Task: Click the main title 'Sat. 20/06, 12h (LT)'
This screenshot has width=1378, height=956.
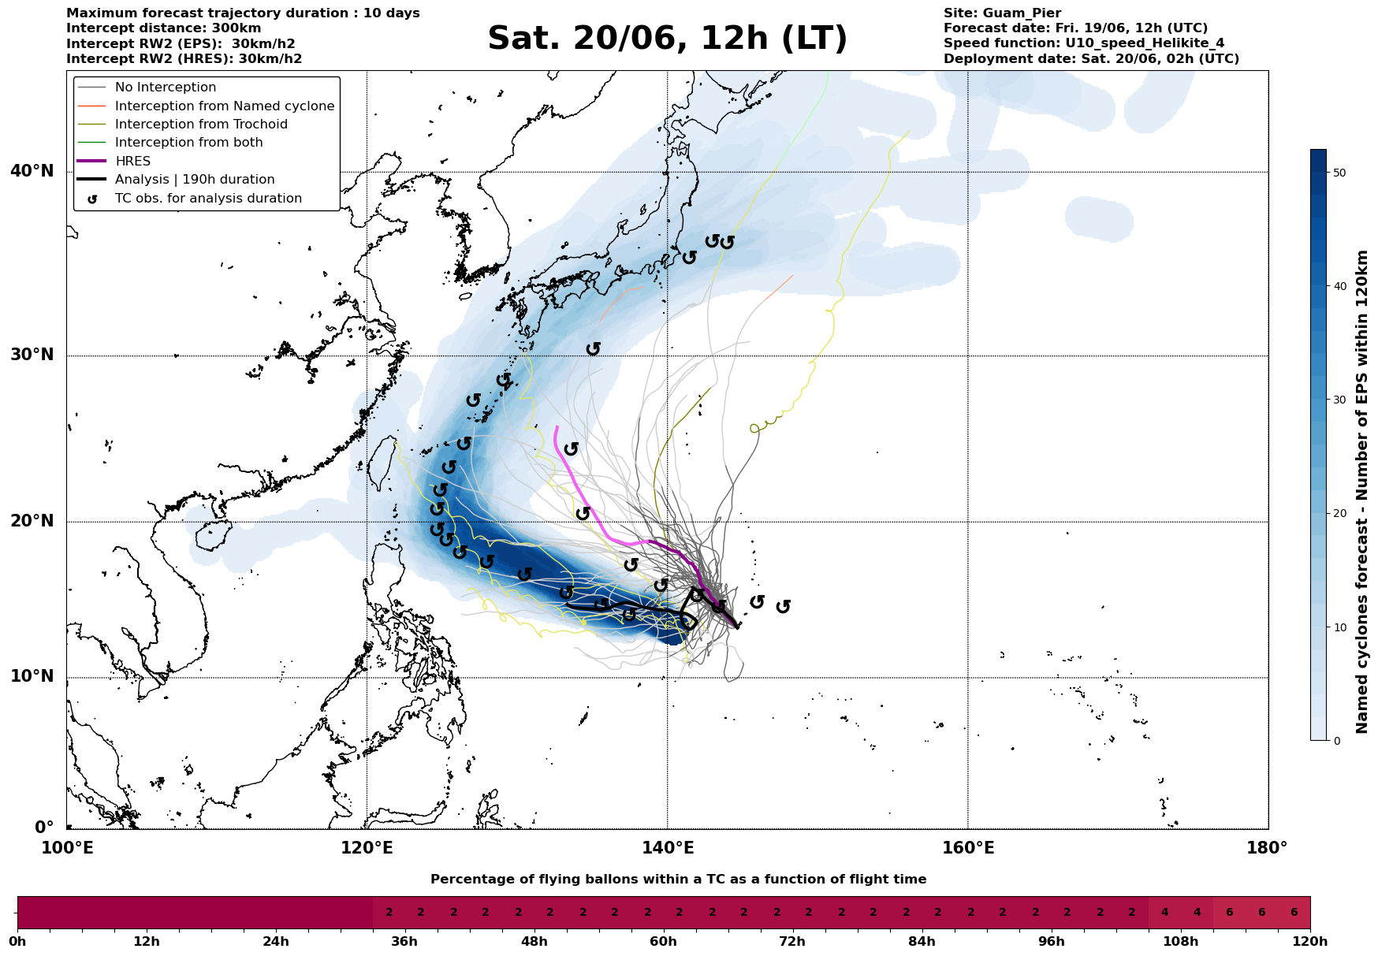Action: coord(667,39)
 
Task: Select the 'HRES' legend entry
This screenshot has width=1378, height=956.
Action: coord(132,161)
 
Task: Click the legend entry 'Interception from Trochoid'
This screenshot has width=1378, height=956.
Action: coord(201,124)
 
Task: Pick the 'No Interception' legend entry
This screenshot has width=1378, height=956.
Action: coord(166,87)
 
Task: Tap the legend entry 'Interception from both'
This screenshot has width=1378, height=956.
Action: coord(188,143)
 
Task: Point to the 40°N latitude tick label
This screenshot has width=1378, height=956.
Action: coord(32,171)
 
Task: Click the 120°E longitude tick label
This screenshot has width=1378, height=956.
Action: coord(367,849)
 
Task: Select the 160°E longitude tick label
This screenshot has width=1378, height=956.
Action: coord(968,849)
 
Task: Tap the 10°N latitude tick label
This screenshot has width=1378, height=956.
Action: coord(32,677)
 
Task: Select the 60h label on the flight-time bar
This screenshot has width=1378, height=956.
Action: coord(663,942)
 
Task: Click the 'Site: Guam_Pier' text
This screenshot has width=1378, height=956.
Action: coord(1002,13)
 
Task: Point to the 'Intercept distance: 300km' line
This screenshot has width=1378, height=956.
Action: coord(164,28)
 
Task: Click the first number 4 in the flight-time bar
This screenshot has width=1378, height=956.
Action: coord(1164,913)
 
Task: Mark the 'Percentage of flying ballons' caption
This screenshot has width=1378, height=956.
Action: coord(678,880)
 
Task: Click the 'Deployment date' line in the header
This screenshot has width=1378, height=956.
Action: coord(1091,59)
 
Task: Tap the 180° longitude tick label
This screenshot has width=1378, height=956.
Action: coord(1268,849)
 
